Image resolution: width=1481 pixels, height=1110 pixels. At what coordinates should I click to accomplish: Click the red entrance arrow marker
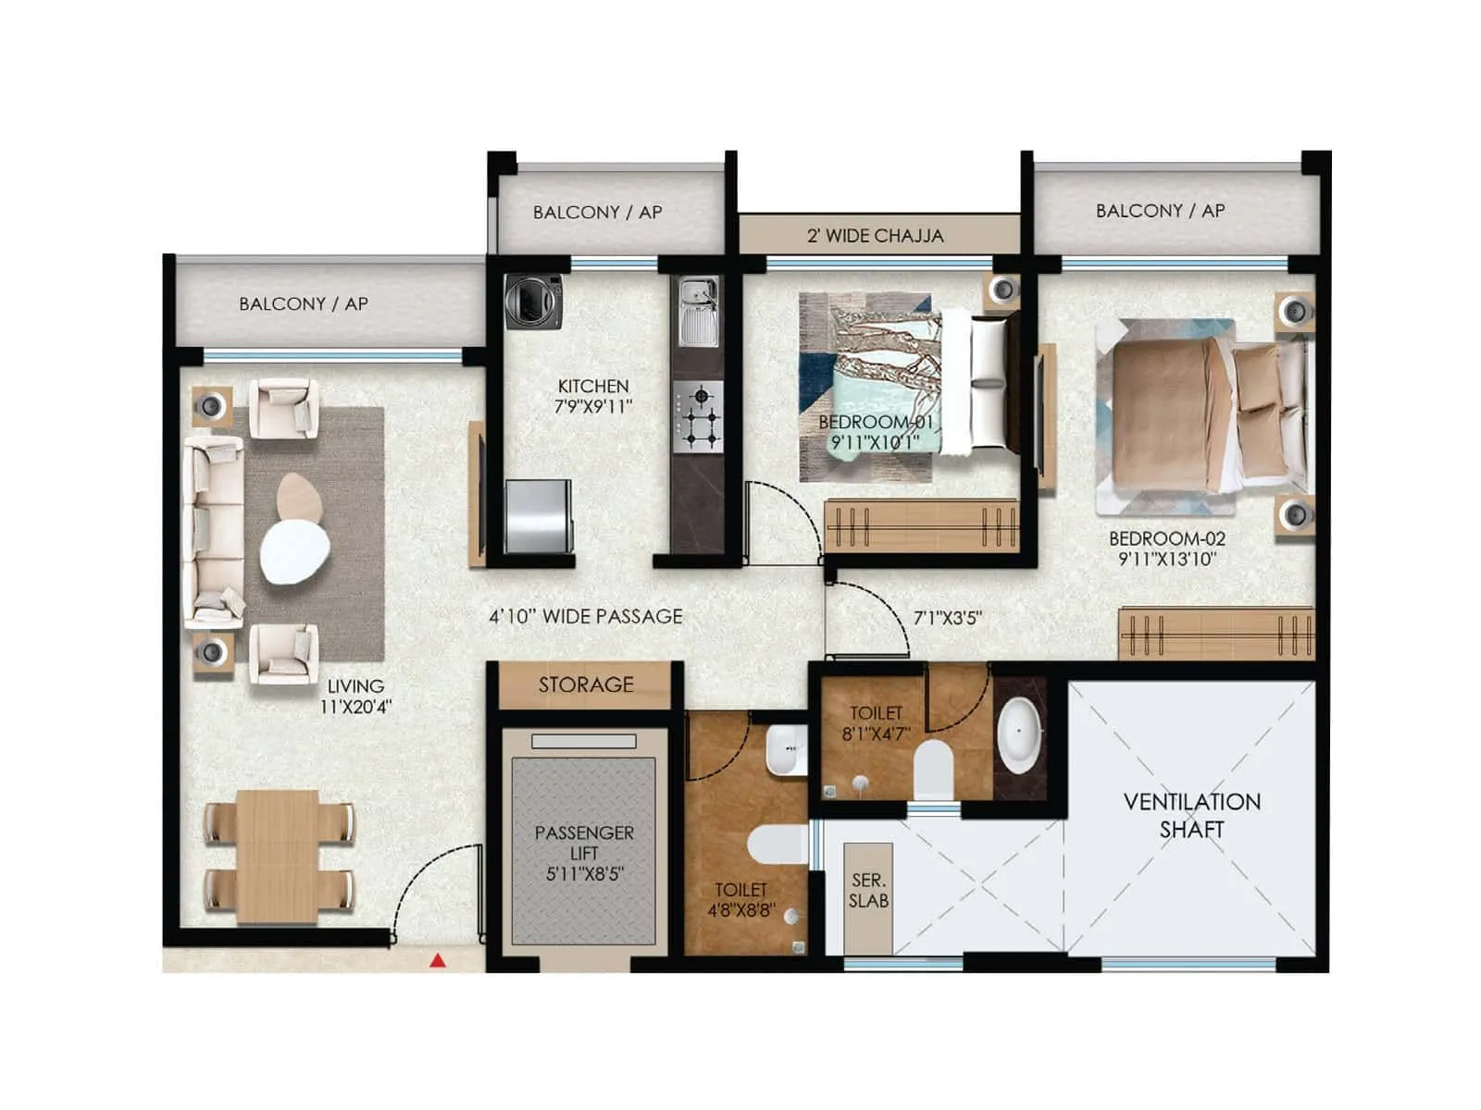[438, 961]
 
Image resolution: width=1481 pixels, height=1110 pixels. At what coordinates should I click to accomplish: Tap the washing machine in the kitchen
[533, 302]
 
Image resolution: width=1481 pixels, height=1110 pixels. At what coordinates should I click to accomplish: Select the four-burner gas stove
[698, 416]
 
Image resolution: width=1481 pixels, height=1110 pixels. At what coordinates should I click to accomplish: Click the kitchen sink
[697, 311]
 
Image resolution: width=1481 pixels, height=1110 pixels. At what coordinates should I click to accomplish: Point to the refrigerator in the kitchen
[538, 515]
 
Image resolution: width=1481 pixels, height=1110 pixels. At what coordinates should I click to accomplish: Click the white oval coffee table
[294, 552]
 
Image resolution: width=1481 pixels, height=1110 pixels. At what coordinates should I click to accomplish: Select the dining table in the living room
[278, 856]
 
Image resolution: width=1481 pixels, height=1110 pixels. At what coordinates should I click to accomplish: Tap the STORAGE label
[586, 684]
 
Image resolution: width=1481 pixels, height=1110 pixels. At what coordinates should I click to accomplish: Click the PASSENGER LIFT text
[584, 852]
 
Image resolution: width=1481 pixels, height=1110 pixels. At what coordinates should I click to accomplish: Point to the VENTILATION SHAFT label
[1191, 815]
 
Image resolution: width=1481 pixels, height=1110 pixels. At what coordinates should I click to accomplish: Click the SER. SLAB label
[868, 891]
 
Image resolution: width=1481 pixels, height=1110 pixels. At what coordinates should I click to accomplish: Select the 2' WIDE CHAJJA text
[875, 236]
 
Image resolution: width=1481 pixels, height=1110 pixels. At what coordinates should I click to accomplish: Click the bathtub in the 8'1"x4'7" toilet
[1019, 735]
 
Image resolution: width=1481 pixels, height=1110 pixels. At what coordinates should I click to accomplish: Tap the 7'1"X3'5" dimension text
[947, 618]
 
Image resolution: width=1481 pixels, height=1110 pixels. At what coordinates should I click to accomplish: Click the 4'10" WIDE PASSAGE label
[585, 616]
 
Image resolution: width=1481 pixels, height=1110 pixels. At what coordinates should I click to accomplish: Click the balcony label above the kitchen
[597, 212]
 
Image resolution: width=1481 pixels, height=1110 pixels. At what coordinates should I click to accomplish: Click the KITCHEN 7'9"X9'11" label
[593, 396]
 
